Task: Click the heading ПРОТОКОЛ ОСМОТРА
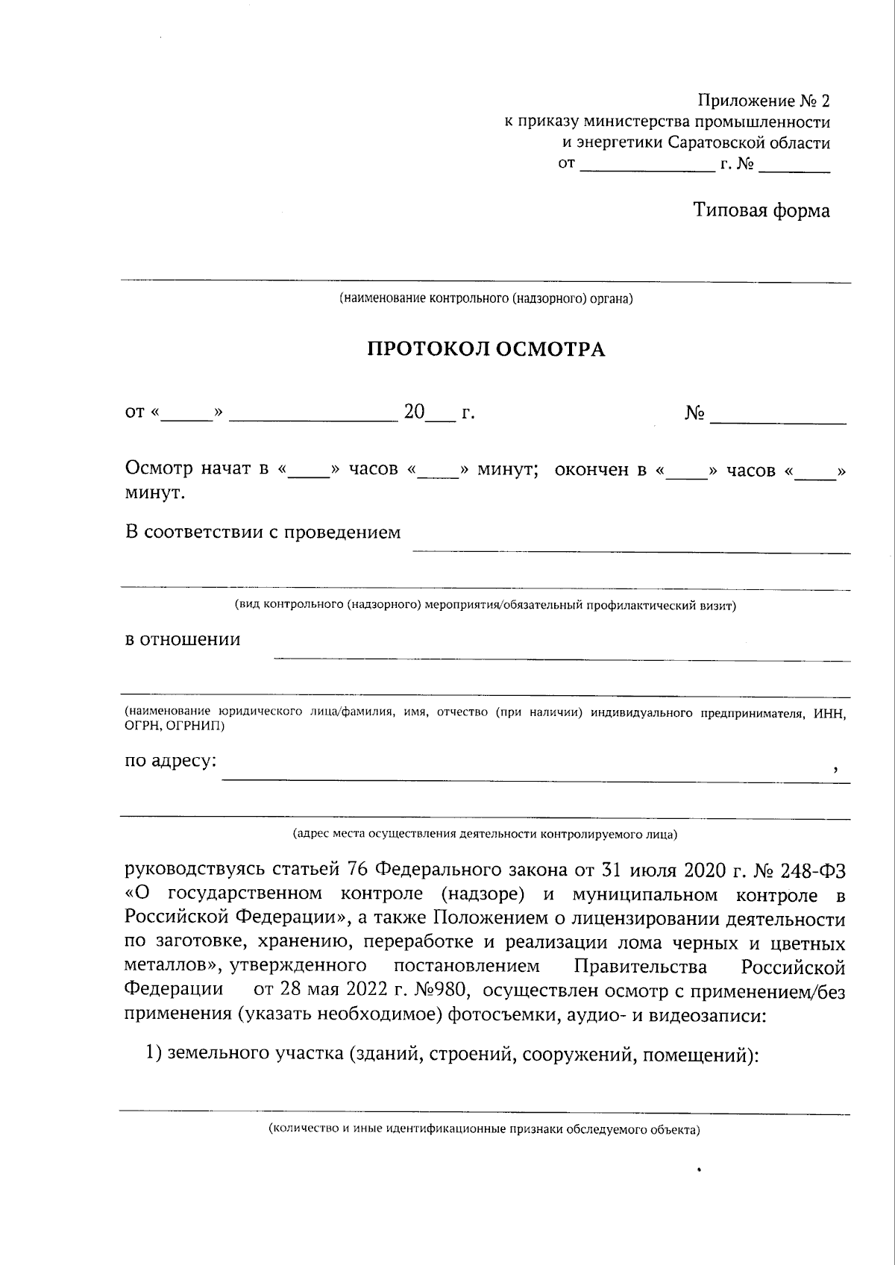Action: click(x=486, y=349)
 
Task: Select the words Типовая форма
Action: click(x=761, y=210)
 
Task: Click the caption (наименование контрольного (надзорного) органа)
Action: click(x=486, y=299)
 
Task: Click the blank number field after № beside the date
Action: click(x=778, y=415)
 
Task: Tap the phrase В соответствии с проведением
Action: click(x=263, y=533)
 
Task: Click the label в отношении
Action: click(x=182, y=639)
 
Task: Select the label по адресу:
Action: click(x=171, y=761)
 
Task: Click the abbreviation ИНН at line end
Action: click(x=830, y=714)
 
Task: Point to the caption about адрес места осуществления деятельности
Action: click(x=486, y=834)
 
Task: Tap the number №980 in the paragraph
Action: click(x=443, y=991)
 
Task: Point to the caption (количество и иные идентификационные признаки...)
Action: click(x=486, y=1129)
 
